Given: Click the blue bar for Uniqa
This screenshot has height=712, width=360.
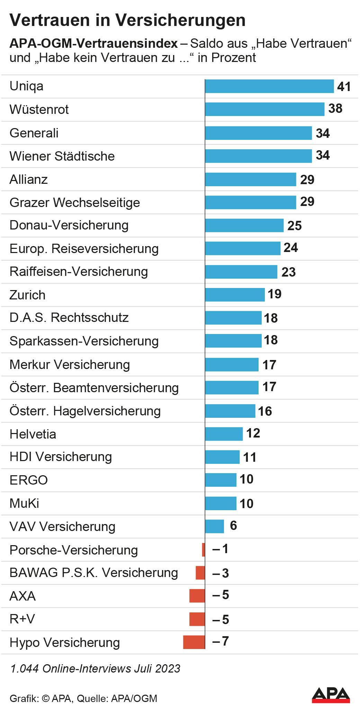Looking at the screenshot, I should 269,86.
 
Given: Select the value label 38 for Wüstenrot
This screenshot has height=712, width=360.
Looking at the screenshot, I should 335,109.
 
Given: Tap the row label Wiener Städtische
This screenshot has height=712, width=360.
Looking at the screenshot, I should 62,156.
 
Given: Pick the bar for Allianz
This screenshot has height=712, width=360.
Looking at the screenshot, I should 251,179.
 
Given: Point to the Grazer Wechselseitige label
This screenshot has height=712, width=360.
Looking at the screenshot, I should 75,202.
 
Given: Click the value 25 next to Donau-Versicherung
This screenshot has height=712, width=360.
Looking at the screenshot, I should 295,226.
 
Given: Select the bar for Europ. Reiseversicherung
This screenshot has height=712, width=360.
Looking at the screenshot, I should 243,249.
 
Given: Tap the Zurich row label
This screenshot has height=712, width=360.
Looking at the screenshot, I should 27,295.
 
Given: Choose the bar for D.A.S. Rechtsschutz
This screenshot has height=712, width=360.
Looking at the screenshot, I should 233,318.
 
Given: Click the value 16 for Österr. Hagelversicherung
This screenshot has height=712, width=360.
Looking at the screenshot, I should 265,411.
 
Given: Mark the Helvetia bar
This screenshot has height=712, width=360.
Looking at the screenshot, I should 224,434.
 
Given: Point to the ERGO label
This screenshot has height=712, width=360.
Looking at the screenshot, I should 29,480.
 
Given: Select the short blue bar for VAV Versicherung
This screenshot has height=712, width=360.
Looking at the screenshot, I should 215,526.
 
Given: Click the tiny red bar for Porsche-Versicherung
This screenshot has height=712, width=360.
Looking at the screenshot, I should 204,550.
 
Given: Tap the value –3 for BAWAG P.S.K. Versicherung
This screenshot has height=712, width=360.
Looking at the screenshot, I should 221,573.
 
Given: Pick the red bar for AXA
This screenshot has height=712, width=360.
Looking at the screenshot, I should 197,596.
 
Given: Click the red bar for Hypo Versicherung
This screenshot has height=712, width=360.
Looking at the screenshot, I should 194,642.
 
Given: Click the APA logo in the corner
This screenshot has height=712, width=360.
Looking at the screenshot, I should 331,695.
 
